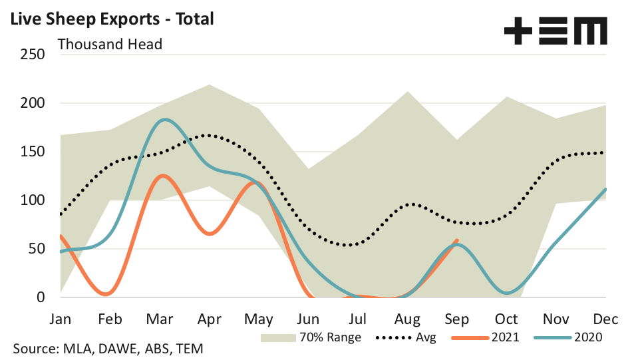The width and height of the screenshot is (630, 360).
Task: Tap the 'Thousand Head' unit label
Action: [110, 45]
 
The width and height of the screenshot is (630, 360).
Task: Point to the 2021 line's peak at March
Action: [161, 176]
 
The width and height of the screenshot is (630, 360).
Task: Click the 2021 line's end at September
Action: [457, 240]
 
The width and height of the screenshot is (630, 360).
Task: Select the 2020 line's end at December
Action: [605, 189]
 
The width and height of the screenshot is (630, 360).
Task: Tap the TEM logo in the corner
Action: [555, 31]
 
